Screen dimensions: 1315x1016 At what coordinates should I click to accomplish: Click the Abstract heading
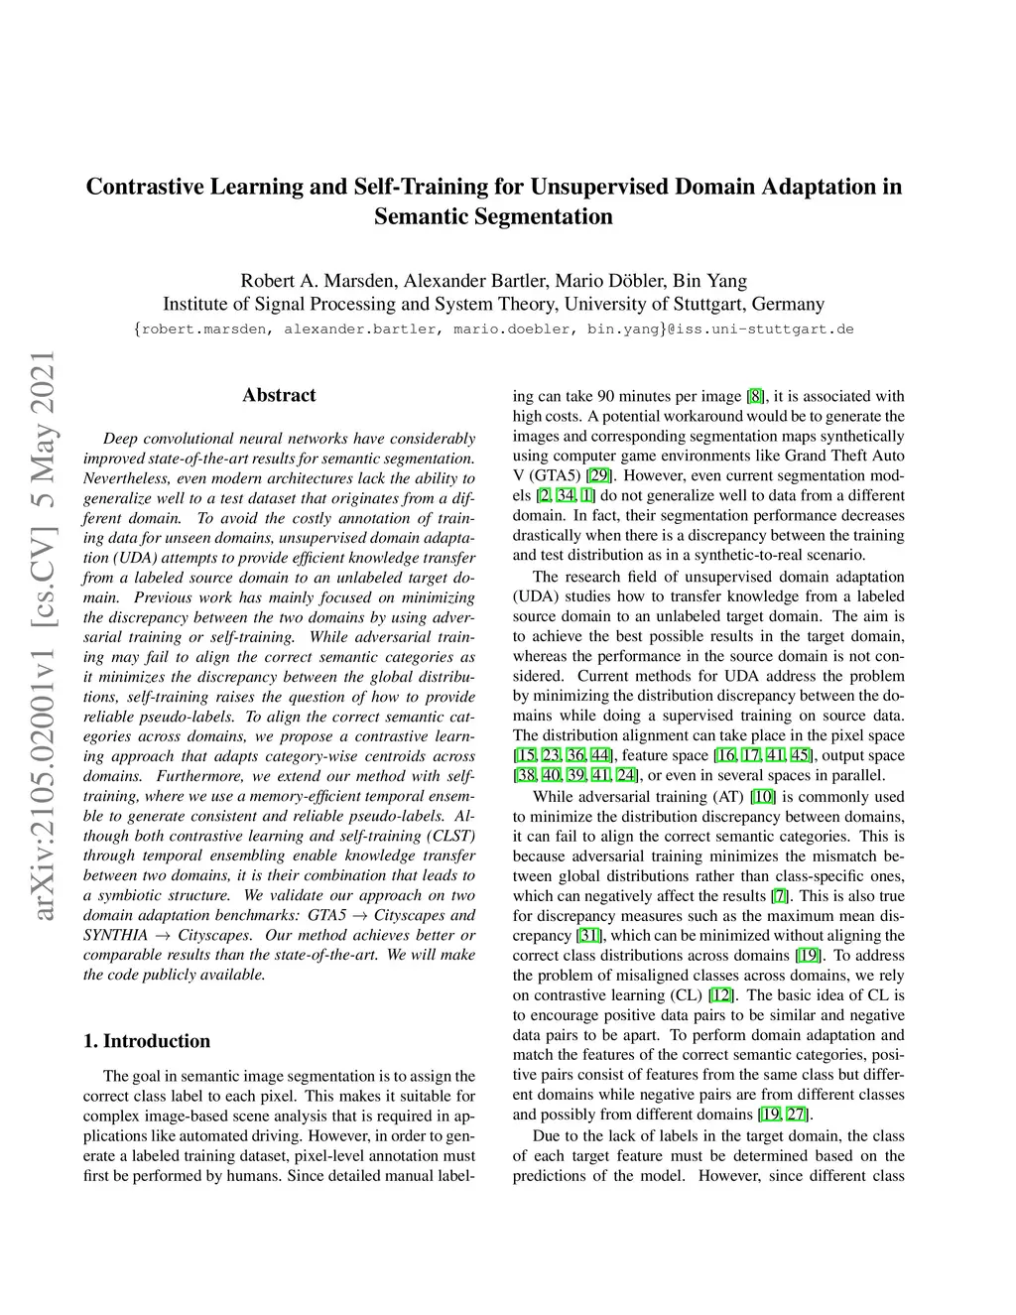tap(279, 395)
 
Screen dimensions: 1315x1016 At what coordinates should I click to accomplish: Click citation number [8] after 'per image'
tap(755, 397)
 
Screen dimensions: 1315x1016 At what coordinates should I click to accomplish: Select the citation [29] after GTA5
tap(598, 476)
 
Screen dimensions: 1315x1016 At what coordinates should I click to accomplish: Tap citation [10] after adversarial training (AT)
tap(763, 796)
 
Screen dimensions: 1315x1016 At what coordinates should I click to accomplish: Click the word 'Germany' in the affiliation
tap(788, 305)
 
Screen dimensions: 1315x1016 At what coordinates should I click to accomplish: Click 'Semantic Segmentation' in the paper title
tap(493, 216)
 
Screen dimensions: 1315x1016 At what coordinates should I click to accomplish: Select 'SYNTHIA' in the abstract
tap(115, 935)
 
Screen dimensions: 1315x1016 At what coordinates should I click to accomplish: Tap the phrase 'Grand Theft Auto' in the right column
tap(844, 457)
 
